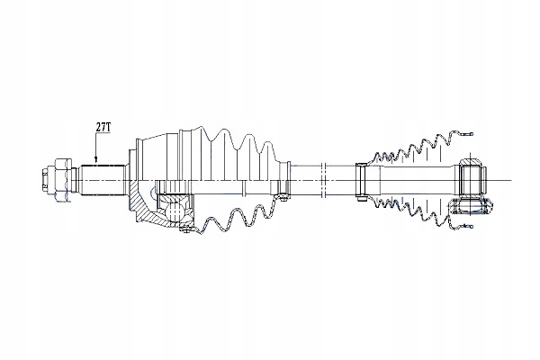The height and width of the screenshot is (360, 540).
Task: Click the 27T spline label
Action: (x=103, y=127)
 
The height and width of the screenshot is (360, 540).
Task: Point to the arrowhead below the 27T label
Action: (x=96, y=159)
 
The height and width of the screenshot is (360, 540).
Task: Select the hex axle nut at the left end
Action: (x=62, y=180)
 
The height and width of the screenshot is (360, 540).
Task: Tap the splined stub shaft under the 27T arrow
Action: (x=103, y=181)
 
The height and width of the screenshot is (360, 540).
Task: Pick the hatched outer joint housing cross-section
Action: (x=145, y=207)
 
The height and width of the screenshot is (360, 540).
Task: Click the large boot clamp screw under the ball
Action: (x=186, y=229)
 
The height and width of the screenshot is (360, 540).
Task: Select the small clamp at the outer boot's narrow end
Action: (x=283, y=179)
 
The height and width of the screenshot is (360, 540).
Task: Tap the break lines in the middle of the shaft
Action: (x=323, y=180)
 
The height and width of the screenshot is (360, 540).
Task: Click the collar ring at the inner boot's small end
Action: (x=362, y=180)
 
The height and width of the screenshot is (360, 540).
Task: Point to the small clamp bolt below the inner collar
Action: (x=361, y=199)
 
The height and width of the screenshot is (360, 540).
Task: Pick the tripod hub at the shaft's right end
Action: (x=472, y=180)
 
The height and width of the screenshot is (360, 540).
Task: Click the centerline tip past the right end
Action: (x=512, y=180)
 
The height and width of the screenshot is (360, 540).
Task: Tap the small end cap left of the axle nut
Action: (x=44, y=180)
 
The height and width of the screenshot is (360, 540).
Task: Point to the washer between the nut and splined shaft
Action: (x=75, y=180)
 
